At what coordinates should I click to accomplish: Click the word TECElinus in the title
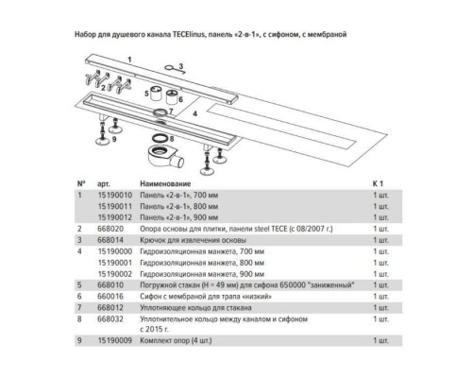pos(202,34)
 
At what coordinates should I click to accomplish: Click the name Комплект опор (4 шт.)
pos(178,338)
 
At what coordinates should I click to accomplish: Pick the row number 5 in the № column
pos(79,283)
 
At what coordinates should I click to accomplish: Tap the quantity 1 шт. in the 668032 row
pos(381,317)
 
